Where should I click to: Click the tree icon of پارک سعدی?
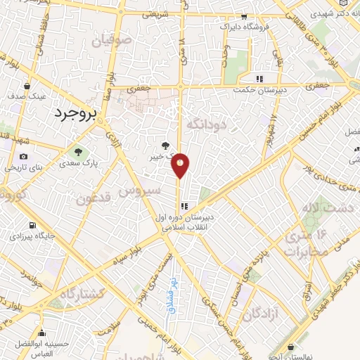[x=79, y=150]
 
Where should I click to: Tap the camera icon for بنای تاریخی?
[x=24, y=156]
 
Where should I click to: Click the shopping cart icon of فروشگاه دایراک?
[x=245, y=15]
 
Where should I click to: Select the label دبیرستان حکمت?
[x=262, y=91]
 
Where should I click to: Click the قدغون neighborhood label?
[x=96, y=199]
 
